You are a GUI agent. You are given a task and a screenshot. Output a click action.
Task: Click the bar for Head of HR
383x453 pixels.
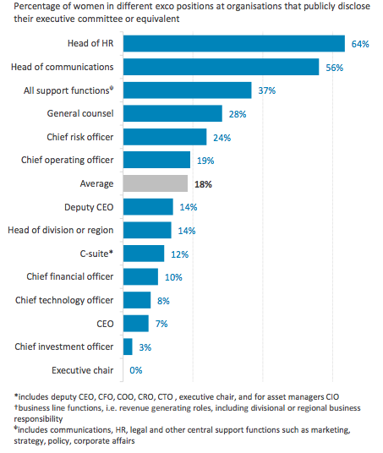coord(234,44)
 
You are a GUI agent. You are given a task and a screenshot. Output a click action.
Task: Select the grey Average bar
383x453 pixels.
coord(156,183)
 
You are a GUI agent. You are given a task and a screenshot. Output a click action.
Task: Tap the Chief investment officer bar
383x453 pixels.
coord(128,347)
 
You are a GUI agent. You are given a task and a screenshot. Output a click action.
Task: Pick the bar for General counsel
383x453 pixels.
coord(172,113)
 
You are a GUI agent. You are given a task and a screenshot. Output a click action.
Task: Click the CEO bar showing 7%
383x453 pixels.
coord(136,324)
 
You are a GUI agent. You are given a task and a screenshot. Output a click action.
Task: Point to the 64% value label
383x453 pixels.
coord(360,44)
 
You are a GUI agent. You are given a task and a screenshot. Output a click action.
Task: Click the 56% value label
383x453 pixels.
coord(335,68)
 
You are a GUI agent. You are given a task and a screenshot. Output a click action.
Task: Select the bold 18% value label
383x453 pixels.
coord(203,184)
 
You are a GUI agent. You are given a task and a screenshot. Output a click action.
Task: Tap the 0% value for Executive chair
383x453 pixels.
coord(136,370)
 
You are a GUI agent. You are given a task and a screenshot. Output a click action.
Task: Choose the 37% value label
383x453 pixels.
coord(267,90)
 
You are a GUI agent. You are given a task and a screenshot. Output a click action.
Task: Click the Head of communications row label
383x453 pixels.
coord(63,67)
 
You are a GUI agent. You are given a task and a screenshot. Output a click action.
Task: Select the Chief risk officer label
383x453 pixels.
coord(80,137)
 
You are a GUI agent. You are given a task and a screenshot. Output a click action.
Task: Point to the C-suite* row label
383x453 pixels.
coord(96,254)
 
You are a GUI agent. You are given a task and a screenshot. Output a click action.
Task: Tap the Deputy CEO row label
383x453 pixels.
coord(89,207)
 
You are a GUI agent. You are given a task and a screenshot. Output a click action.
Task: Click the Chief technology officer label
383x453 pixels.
coord(64,301)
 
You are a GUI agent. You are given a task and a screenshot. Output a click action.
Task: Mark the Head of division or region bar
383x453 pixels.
coord(147,230)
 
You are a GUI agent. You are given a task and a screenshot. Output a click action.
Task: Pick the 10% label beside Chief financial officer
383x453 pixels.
coord(173,277)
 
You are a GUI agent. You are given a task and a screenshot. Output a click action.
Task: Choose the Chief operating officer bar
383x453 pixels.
coord(156,160)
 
